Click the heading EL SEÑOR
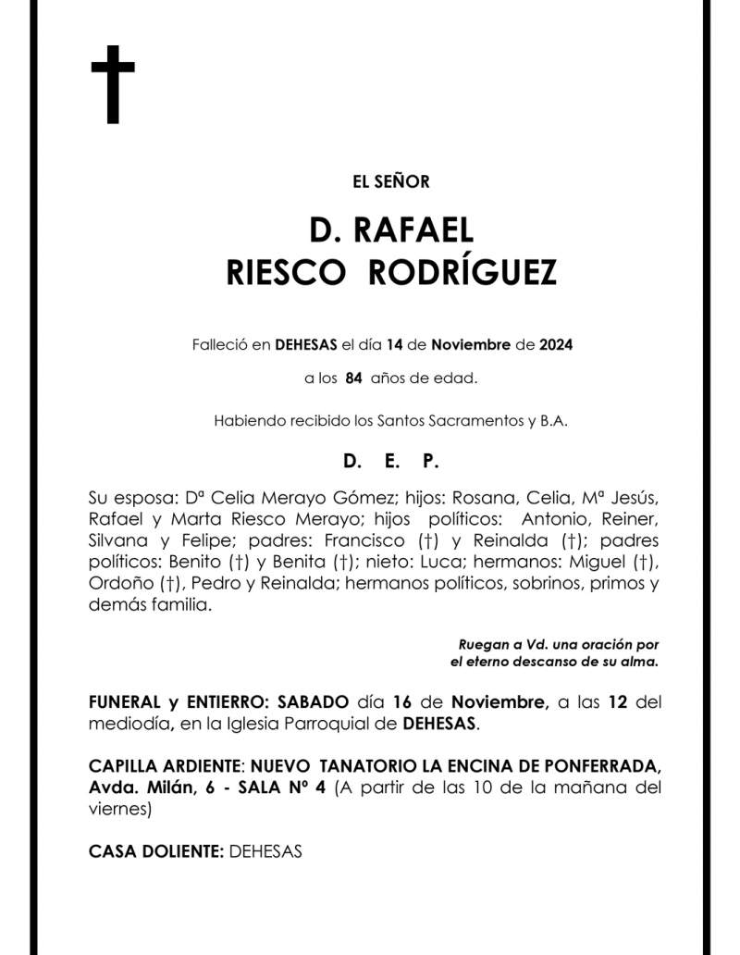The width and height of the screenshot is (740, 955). (x=391, y=181)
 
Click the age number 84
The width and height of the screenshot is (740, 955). (x=352, y=378)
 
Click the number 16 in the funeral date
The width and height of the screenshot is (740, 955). (x=399, y=702)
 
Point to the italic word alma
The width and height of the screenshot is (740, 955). (x=641, y=662)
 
